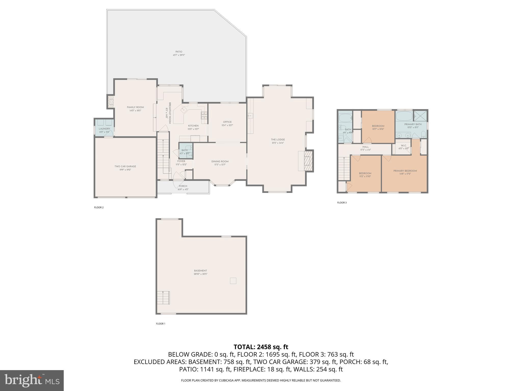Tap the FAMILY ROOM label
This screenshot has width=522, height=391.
click(x=135, y=107)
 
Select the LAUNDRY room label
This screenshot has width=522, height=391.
click(x=104, y=129)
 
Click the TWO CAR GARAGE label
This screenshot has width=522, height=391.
click(x=125, y=166)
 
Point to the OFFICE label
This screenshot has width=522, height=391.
click(x=227, y=122)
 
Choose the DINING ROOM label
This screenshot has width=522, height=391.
click(x=220, y=161)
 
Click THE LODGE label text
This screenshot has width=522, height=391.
click(x=278, y=139)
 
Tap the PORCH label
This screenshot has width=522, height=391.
click(x=183, y=186)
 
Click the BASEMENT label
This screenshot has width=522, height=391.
click(x=200, y=271)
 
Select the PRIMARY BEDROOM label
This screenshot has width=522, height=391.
click(x=405, y=171)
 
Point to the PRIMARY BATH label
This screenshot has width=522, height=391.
click(x=413, y=124)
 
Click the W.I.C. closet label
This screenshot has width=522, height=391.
click(x=403, y=146)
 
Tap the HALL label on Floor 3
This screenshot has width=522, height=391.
click(x=365, y=147)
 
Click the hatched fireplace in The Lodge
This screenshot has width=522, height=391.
click(x=309, y=161)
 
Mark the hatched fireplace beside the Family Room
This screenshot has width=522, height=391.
click(x=111, y=101)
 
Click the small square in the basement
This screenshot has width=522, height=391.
click(x=233, y=281)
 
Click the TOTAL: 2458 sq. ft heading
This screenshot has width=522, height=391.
click(x=261, y=347)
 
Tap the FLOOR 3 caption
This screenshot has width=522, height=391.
click(x=342, y=203)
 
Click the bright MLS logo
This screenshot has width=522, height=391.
click(x=32, y=380)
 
